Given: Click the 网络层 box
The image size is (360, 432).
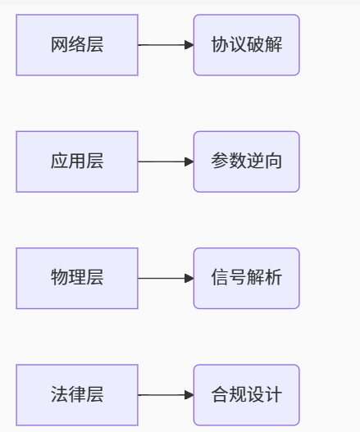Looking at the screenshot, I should tap(77, 45).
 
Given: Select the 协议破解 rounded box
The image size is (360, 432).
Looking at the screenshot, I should tap(246, 45).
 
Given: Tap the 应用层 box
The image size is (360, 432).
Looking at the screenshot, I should tap(77, 161).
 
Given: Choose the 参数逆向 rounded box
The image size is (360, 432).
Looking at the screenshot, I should tap(246, 161).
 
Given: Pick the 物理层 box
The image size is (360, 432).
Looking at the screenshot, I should tap(77, 278).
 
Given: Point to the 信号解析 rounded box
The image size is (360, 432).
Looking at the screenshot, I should tap(246, 278).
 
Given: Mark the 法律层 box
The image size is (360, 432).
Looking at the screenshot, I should tap(77, 395).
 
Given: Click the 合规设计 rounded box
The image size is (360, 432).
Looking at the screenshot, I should tap(246, 395).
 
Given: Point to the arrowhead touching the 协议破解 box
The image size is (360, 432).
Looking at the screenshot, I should tap(189, 45).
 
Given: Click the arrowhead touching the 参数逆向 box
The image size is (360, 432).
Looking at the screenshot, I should tap(189, 161).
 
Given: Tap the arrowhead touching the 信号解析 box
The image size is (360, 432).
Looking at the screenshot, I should tap(189, 278).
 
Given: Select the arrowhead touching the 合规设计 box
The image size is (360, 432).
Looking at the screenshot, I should tap(189, 395).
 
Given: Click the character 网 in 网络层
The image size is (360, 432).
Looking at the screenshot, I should tap(60, 45).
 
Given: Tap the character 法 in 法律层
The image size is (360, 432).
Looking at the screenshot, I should tap(60, 395).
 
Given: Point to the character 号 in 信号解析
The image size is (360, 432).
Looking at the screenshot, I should tap(238, 278).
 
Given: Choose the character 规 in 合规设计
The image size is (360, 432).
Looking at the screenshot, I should tap(238, 395).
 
